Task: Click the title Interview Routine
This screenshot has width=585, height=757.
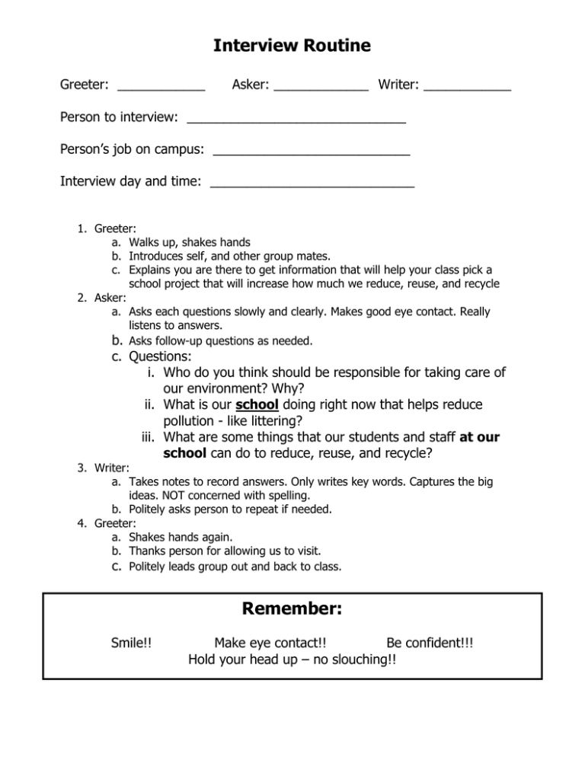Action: point(292,46)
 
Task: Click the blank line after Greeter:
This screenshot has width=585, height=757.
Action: point(161,91)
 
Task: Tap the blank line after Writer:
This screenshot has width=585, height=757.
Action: point(468,91)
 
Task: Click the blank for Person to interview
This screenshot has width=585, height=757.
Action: point(296,120)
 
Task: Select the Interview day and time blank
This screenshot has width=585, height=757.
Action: point(312,184)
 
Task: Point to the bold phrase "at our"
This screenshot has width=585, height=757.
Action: point(480,438)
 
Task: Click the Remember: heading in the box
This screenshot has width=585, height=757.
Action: point(292,609)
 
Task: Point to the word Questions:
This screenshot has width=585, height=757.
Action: point(160,356)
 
